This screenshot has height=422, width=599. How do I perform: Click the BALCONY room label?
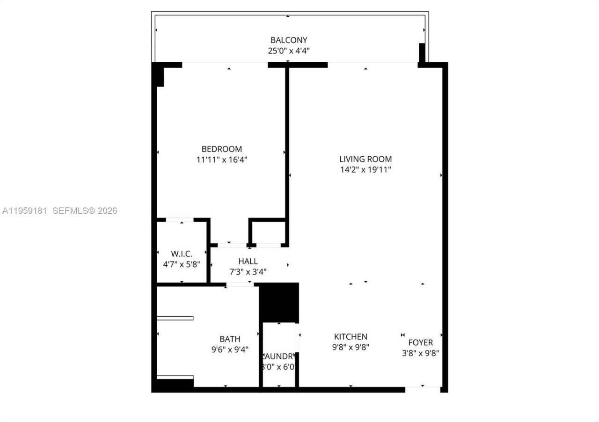click(x=289, y=40)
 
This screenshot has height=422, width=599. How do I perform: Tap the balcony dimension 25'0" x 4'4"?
click(x=289, y=51)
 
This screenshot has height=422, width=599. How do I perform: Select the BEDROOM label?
click(x=222, y=149)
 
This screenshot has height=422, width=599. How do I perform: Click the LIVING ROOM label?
click(x=365, y=159)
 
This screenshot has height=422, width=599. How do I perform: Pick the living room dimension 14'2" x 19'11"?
click(x=365, y=170)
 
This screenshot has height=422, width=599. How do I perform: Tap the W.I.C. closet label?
click(x=182, y=254)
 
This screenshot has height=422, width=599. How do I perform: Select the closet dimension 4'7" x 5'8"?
click(x=182, y=264)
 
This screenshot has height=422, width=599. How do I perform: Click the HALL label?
click(x=248, y=262)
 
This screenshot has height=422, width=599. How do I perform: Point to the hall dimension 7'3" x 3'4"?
click(x=248, y=272)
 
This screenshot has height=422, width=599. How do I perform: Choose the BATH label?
click(x=230, y=339)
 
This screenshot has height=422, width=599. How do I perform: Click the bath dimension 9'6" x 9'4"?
click(x=230, y=349)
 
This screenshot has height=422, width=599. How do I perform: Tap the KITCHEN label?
click(x=351, y=336)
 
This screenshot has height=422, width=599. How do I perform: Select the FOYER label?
click(x=420, y=342)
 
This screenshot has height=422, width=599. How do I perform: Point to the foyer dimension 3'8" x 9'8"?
click(x=420, y=353)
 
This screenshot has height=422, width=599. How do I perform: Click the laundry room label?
click(x=279, y=356)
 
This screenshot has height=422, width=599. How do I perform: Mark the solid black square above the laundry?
click(x=279, y=302)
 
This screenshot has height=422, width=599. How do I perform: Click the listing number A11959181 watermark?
click(x=25, y=211)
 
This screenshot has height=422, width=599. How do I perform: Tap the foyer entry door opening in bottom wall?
click(x=423, y=388)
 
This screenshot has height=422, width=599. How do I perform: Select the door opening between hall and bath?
click(x=240, y=284)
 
